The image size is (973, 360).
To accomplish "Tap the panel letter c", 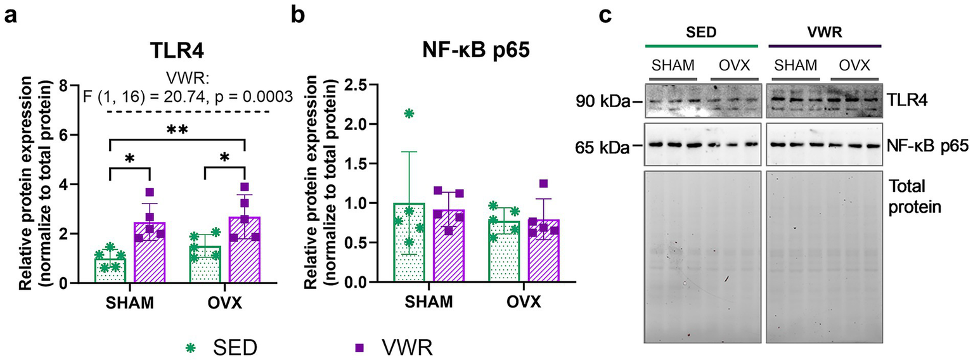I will (x=605, y=14).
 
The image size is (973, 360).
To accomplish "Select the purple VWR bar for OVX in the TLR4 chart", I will (x=244, y=251).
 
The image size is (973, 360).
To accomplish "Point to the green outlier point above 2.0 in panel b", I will (x=408, y=113).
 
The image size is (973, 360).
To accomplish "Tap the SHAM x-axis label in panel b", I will (x=429, y=302).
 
